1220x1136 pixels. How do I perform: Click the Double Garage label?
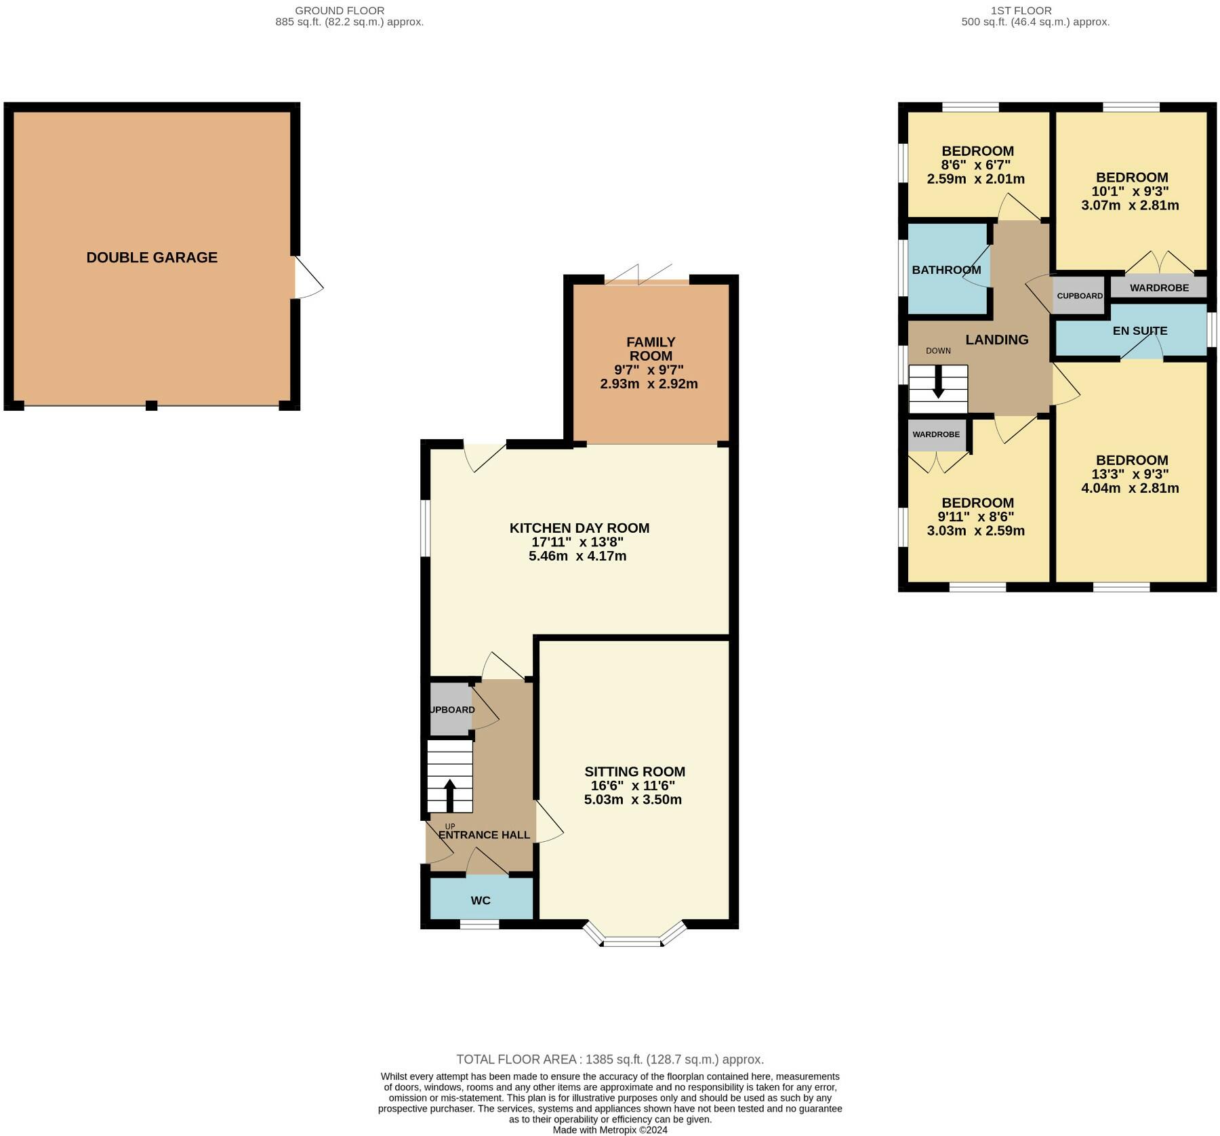[x=152, y=258]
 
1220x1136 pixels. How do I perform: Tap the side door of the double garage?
[x=308, y=277]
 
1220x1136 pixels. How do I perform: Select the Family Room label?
[x=651, y=349]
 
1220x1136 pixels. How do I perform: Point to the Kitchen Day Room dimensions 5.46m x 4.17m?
[x=577, y=556]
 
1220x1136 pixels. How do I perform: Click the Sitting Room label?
[x=635, y=771]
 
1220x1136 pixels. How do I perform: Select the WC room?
[x=481, y=899]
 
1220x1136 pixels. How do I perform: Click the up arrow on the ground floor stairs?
[x=449, y=796]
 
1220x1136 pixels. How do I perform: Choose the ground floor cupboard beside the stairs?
[x=451, y=709]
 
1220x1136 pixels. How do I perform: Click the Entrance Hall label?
[x=485, y=835]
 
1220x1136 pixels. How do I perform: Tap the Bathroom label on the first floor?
[x=946, y=270]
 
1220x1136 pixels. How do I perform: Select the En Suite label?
[x=1140, y=331]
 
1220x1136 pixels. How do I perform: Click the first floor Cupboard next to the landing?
[x=1080, y=296]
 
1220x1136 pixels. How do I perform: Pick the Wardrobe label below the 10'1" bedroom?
[x=1159, y=287]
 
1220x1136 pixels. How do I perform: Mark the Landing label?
[x=997, y=340]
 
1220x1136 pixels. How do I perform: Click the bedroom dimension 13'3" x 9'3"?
[x=1131, y=474]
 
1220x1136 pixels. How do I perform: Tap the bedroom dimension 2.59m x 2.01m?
[x=976, y=179]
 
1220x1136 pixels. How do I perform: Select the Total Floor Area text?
[x=610, y=1059]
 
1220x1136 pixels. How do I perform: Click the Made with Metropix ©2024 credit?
[x=610, y=1130]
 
